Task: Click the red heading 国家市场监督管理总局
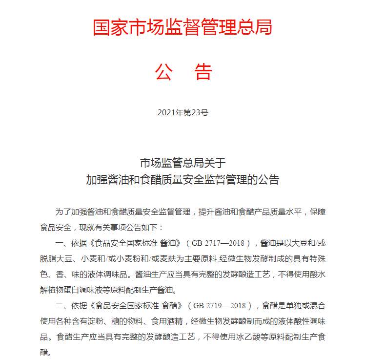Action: coord(182,27)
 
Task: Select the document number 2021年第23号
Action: coord(182,112)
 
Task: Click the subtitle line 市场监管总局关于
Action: coord(182,163)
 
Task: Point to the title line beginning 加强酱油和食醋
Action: coord(182,179)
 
